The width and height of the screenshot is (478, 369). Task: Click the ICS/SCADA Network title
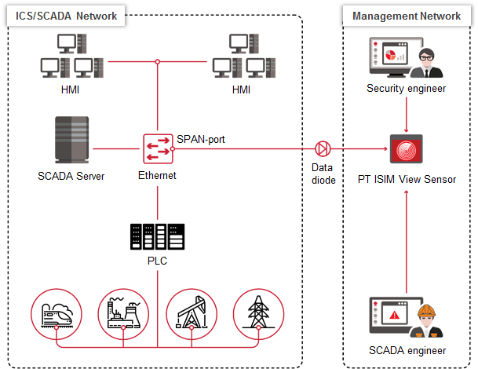click(66, 16)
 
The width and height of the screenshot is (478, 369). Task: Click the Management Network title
click(407, 16)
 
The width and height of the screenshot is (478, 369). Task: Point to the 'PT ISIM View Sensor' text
click(407, 180)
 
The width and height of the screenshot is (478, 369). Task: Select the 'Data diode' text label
click(323, 174)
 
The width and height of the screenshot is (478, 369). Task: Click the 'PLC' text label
click(158, 261)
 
